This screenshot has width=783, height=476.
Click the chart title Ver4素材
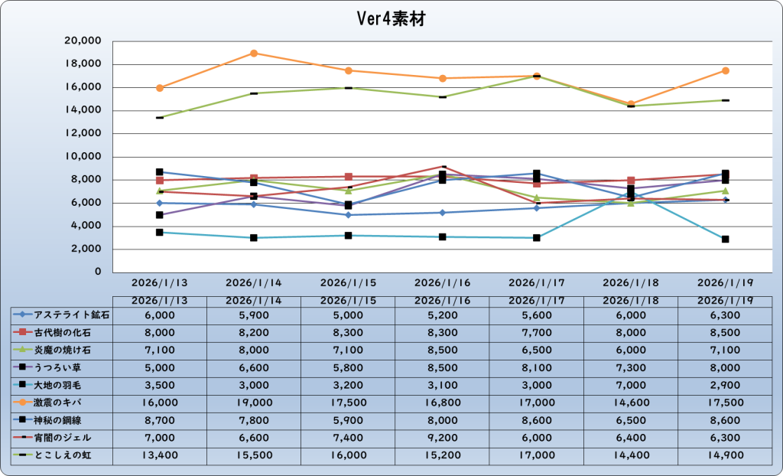click(x=391, y=19)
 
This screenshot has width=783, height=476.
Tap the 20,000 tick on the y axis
click(x=85, y=41)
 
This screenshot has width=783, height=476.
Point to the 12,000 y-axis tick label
click(x=85, y=134)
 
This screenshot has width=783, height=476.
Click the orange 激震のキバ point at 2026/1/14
click(x=254, y=54)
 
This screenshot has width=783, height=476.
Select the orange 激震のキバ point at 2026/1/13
click(x=160, y=88)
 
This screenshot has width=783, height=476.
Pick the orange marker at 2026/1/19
click(x=726, y=70)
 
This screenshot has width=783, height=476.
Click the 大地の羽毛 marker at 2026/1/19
click(x=726, y=240)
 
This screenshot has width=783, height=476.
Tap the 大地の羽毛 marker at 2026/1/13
click(x=160, y=232)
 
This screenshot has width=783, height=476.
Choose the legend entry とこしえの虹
click(x=63, y=455)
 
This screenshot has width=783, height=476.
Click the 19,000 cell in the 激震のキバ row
click(x=254, y=403)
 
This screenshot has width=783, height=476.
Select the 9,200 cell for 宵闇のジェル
click(x=442, y=438)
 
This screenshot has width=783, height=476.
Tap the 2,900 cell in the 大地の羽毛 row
click(x=725, y=385)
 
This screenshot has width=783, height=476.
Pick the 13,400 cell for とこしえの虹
click(x=160, y=455)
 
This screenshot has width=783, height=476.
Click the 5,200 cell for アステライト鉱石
click(x=442, y=315)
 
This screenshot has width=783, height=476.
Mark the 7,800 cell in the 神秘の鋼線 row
click(x=254, y=420)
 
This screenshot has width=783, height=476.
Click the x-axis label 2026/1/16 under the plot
click(x=442, y=283)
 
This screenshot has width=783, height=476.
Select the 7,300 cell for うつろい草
click(x=631, y=367)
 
